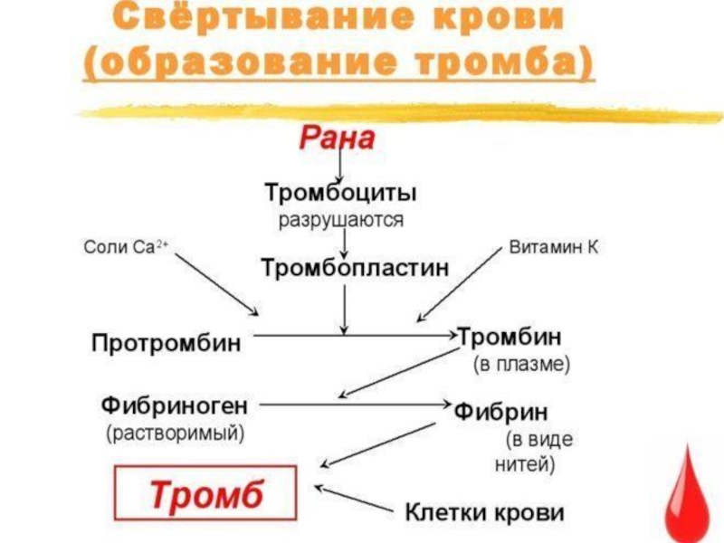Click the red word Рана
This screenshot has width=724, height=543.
tap(337, 140)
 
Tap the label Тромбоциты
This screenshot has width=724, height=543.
tap(340, 193)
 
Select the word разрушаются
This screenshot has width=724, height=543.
tap(340, 219)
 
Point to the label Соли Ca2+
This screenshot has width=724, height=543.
tap(124, 247)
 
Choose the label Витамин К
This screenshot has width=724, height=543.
tap(554, 247)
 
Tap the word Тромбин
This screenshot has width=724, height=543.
tap(510, 338)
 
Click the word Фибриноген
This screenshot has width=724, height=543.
tap(179, 404)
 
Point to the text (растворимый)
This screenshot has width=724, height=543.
tap(176, 433)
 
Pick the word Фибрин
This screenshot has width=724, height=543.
tap(500, 413)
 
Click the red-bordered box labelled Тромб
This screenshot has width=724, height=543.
tap(205, 496)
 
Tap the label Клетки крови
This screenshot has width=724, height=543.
tap(484, 512)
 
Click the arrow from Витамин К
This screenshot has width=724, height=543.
tap(457, 283)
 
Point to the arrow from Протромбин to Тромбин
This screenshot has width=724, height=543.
tap(353, 335)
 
